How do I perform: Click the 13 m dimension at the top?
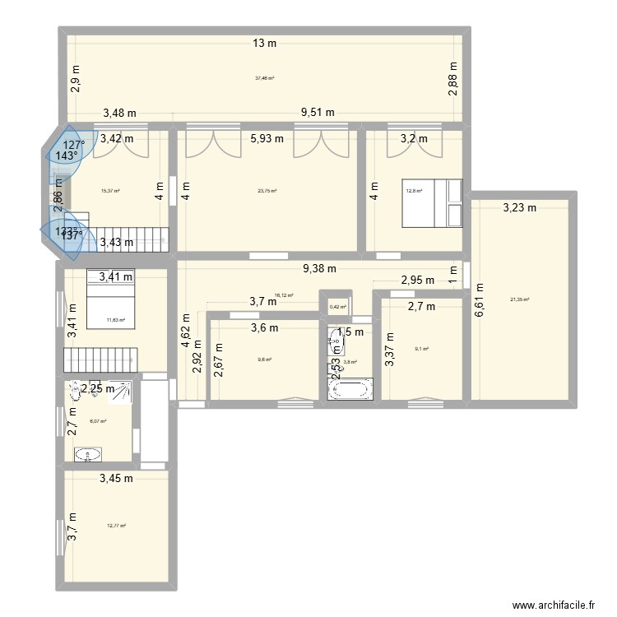pyautogui.click(x=264, y=44)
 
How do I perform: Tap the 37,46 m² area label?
pyautogui.click(x=264, y=78)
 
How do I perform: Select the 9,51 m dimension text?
pyautogui.click(x=318, y=113)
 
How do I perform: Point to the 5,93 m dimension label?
pyautogui.click(x=267, y=138)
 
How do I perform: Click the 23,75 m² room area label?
pyautogui.click(x=267, y=191)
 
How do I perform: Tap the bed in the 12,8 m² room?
pyautogui.click(x=433, y=203)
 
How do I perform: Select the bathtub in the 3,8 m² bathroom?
pyautogui.click(x=350, y=389)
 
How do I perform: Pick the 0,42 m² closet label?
pyautogui.click(x=336, y=307)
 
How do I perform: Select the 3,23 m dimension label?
pyautogui.click(x=519, y=208)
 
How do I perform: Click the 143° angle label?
pyautogui.click(x=67, y=155)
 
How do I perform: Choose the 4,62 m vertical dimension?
pyautogui.click(x=187, y=332)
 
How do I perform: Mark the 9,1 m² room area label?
pyautogui.click(x=423, y=349)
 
